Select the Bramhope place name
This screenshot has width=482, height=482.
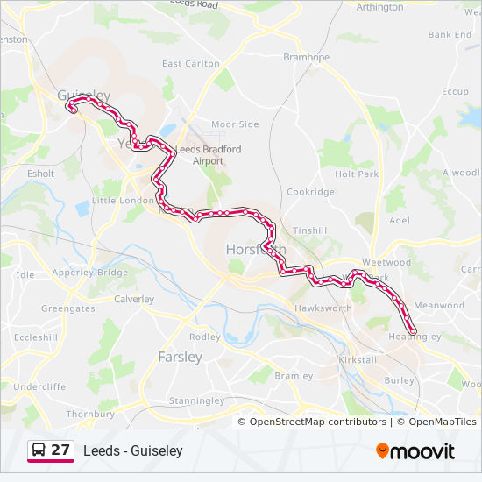[306, 57]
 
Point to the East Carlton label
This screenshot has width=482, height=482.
[191, 63]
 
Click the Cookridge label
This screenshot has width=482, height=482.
[310, 192]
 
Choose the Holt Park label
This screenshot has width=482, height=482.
[357, 174]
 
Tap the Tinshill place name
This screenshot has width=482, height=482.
[309, 230]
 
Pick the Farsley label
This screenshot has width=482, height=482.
[180, 357]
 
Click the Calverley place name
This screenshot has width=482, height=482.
[133, 299]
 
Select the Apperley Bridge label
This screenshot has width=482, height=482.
[89, 273]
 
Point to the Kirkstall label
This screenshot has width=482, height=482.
[357, 361]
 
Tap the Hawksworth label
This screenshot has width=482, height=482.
[323, 308]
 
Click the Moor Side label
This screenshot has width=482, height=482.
[235, 124]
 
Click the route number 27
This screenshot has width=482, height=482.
[60, 450]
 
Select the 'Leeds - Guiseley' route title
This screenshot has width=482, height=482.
[133, 450]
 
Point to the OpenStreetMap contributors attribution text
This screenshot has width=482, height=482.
[317, 422]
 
